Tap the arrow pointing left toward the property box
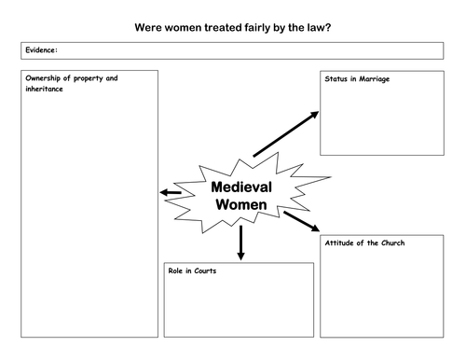[171, 193]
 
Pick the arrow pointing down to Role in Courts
[240, 242]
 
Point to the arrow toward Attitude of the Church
[300, 221]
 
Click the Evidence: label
[40, 49]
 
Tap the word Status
[336, 78]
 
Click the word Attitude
[341, 242]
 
